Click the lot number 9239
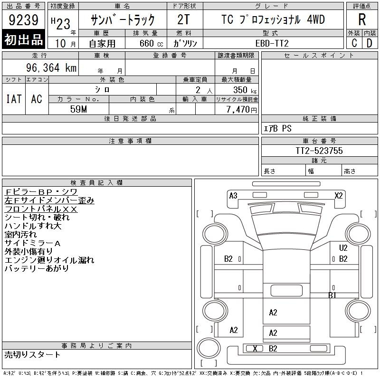pos(23,19)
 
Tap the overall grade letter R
pos(362,19)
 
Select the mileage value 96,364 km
pos(51,67)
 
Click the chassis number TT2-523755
pos(319,151)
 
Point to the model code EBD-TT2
pos(272,43)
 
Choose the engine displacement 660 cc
pos(151,43)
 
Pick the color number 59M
pos(78,109)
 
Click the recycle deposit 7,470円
pos(241,110)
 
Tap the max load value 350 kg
pos(245,90)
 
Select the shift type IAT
pos(14,99)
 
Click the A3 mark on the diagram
pos(233,196)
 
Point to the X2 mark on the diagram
pos(339,196)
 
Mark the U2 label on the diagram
pos(343,247)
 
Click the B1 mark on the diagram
pos(332,295)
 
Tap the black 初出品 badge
pos(23,39)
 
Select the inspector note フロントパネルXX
pos(41,209)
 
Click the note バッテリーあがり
pos(37,268)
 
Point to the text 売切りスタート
pos(32,354)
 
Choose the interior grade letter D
pos(370,43)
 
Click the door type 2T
pos(183,19)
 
